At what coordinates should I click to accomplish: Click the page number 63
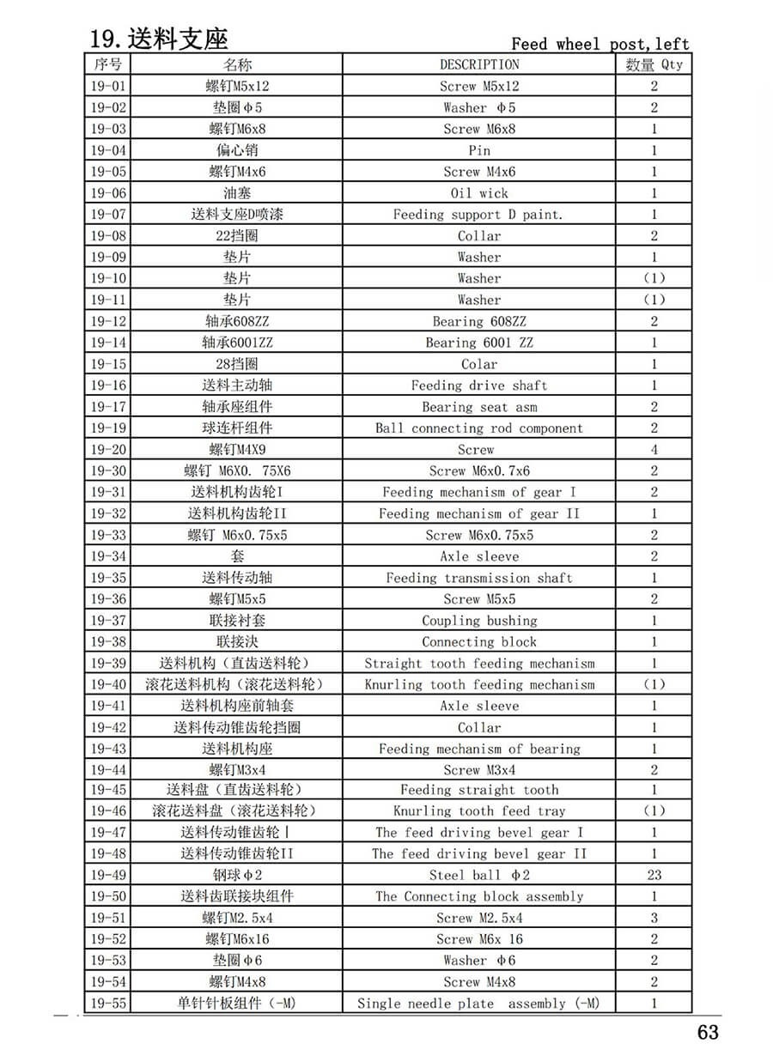click(708, 1031)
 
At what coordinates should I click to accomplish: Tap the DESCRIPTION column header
click(479, 64)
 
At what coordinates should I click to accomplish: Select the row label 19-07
click(108, 215)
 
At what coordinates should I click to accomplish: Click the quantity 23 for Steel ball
click(654, 875)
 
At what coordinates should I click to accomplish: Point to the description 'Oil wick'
click(479, 193)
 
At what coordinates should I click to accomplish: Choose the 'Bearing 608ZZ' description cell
click(479, 321)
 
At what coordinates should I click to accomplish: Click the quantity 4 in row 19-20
click(654, 449)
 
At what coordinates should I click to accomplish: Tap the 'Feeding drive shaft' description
click(479, 385)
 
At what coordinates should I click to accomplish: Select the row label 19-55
click(108, 1003)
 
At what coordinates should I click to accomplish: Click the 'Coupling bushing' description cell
click(479, 620)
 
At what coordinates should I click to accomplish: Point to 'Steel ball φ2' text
click(479, 875)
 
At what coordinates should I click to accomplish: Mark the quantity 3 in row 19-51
click(654, 918)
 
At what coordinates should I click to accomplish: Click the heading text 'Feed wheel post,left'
click(600, 44)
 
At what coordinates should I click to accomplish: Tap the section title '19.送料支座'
click(160, 39)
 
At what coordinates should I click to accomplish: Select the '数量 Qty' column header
click(654, 64)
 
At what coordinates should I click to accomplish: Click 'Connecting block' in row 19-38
click(479, 641)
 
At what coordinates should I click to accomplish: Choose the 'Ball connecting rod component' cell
click(479, 428)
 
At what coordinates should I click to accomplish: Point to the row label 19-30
click(108, 470)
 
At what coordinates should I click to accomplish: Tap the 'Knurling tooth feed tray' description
click(479, 810)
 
